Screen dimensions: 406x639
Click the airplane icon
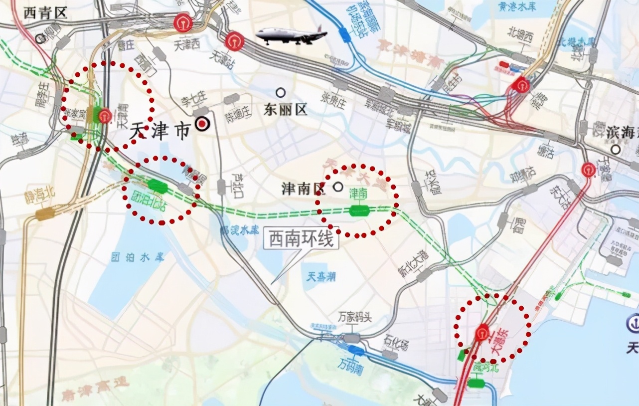(x=291, y=35)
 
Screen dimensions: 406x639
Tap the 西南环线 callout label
(x=301, y=240)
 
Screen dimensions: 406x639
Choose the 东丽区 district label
(x=287, y=110)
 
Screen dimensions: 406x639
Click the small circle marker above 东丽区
(x=281, y=93)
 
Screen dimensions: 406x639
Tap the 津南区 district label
(x=303, y=188)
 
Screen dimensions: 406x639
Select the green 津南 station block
(x=359, y=210)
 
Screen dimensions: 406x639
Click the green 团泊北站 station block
(x=158, y=186)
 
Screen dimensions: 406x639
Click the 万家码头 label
(x=355, y=318)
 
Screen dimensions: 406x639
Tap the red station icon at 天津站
(x=234, y=42)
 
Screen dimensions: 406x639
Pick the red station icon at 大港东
(x=482, y=333)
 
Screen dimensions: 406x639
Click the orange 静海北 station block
(x=45, y=214)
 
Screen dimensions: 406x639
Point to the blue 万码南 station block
(x=356, y=350)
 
